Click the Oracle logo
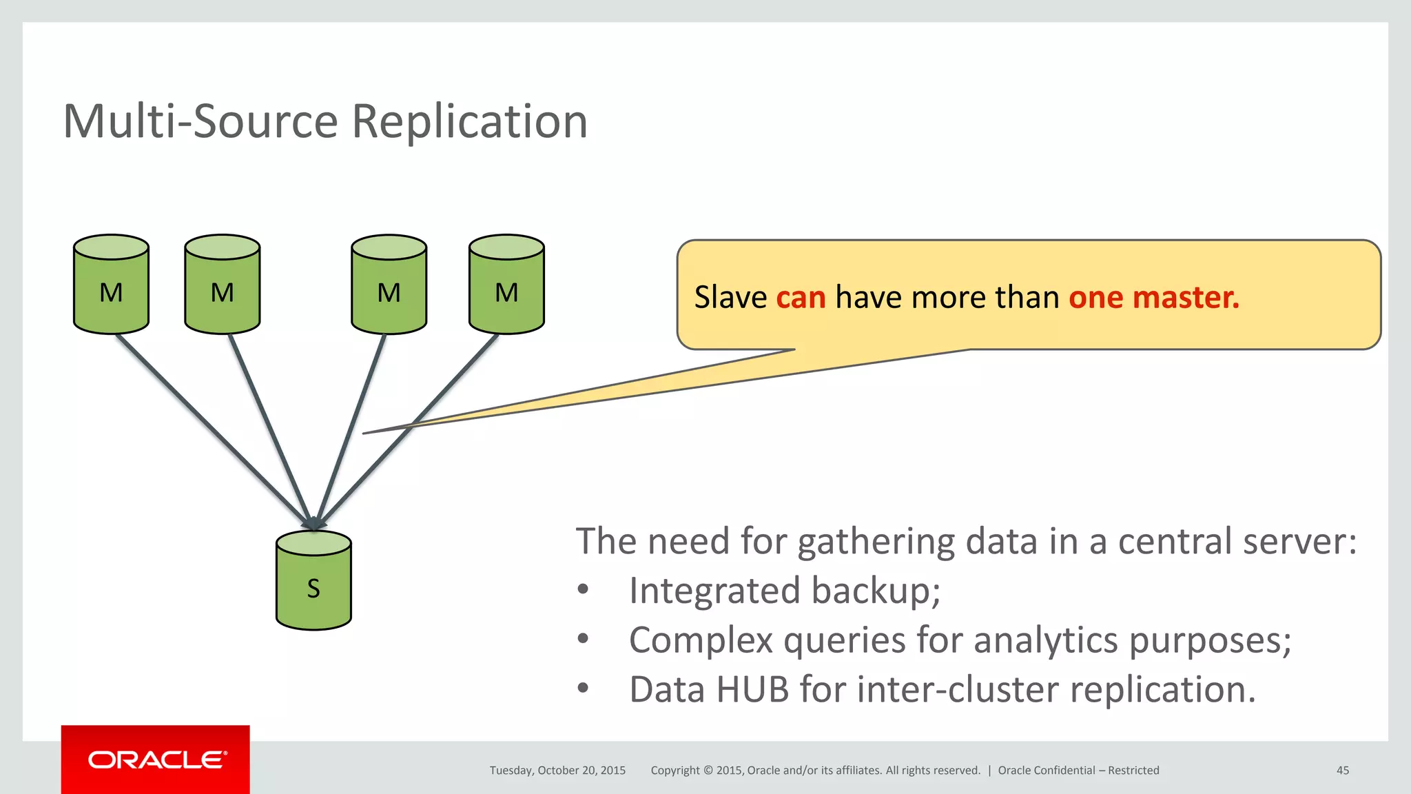tap(156, 760)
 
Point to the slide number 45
tap(1342, 771)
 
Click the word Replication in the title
tap(469, 121)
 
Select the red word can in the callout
tap(801, 298)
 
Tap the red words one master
tap(1153, 298)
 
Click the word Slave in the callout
tap(730, 298)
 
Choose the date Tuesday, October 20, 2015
tap(557, 771)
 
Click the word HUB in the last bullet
tap(752, 690)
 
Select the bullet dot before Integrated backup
tap(584, 590)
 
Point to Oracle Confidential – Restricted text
tap(1078, 771)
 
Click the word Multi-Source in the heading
tap(200, 121)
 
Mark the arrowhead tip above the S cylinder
tap(313, 527)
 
